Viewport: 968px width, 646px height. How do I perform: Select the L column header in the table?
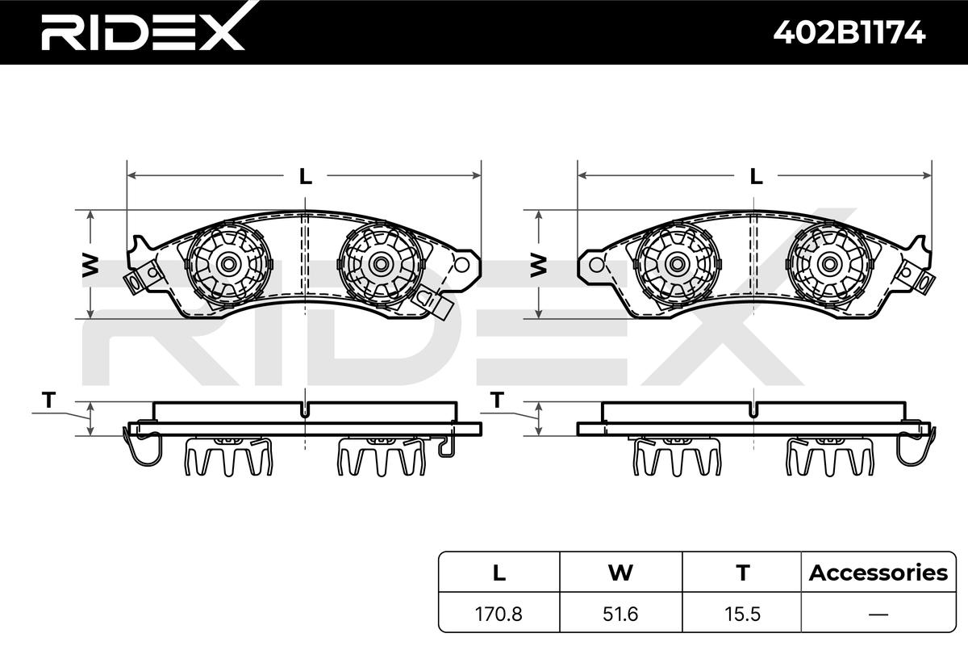tap(499, 573)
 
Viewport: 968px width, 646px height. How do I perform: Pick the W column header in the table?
tap(620, 573)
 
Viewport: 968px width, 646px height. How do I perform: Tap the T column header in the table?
tap(743, 573)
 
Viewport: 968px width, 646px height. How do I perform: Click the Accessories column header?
tap(878, 573)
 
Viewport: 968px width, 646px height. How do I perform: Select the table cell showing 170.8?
tap(499, 614)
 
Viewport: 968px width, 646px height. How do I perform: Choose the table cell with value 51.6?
tap(620, 614)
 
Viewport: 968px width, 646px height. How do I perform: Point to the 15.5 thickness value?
tap(742, 614)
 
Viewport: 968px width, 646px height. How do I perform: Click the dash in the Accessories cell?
tap(878, 615)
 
